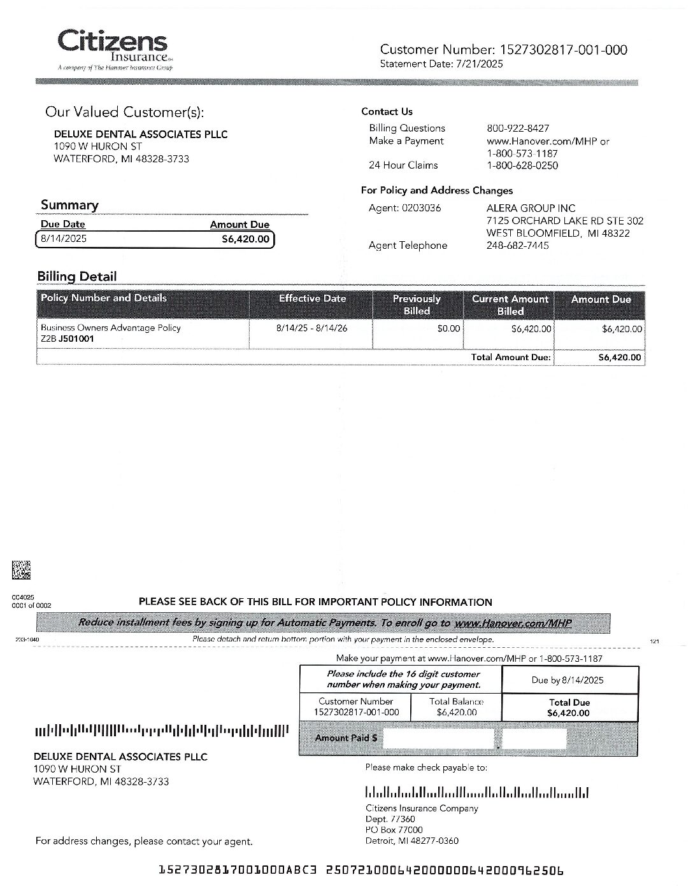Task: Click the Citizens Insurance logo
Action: pyautogui.click(x=113, y=48)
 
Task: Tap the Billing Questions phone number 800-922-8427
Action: pyautogui.click(x=517, y=128)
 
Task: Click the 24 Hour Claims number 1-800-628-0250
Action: pyautogui.click(x=522, y=165)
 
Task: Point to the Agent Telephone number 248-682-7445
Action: pyautogui.click(x=517, y=246)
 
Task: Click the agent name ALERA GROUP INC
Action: pyautogui.click(x=531, y=208)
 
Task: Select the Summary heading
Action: pyautogui.click(x=69, y=205)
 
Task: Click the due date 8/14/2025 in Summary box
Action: pyautogui.click(x=64, y=239)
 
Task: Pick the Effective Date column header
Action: pyautogui.click(x=312, y=298)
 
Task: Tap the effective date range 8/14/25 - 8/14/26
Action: pyautogui.click(x=311, y=328)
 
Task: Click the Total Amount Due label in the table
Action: pyautogui.click(x=510, y=358)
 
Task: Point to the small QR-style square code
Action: pyautogui.click(x=21, y=570)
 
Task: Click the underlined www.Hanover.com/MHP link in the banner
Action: pyautogui.click(x=512, y=623)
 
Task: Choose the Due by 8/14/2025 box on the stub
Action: pyautogui.click(x=568, y=680)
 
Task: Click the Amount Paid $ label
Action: pyautogui.click(x=345, y=738)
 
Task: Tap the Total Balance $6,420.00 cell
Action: pyautogui.click(x=456, y=707)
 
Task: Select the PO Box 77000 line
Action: pyautogui.click(x=394, y=830)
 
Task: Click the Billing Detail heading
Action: pyautogui.click(x=77, y=276)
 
